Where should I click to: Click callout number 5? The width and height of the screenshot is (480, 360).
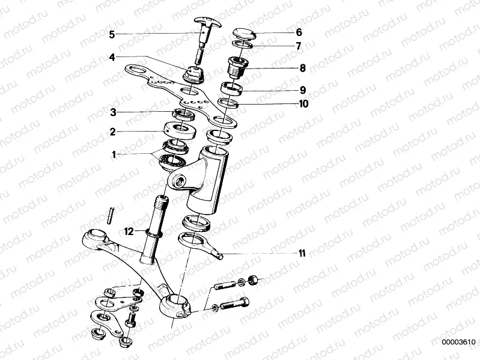111,34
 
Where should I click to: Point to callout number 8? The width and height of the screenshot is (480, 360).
302,69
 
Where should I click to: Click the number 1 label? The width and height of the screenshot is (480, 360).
112,154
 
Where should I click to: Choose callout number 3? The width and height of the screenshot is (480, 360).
112,112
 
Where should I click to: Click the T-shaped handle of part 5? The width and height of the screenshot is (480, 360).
207,24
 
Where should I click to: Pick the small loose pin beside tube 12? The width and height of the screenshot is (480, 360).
111,215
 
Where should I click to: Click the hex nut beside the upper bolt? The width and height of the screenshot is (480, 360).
254,279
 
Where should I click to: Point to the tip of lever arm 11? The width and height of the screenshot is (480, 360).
223,255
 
